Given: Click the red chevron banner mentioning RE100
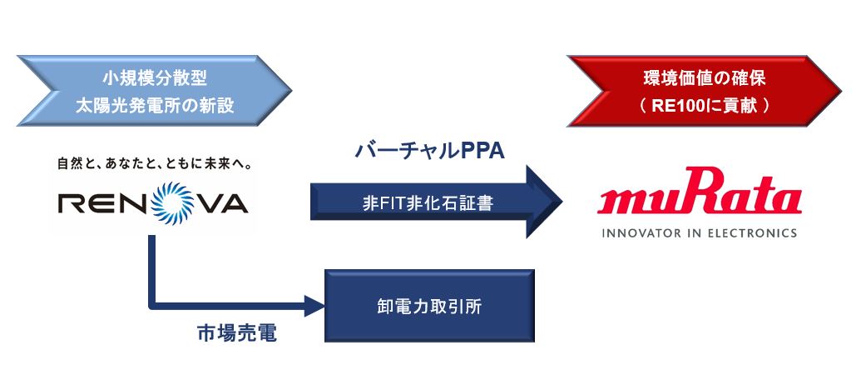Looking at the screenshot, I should tap(703, 92).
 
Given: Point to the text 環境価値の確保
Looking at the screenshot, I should tap(704, 79).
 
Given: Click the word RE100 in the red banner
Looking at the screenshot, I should tap(673, 107).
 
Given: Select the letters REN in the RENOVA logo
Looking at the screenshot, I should tap(92, 202).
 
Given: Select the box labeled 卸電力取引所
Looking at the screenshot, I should tap(428, 306).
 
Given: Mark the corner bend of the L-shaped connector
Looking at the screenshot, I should tap(153, 305).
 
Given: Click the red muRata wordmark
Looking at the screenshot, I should tap(700, 199).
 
